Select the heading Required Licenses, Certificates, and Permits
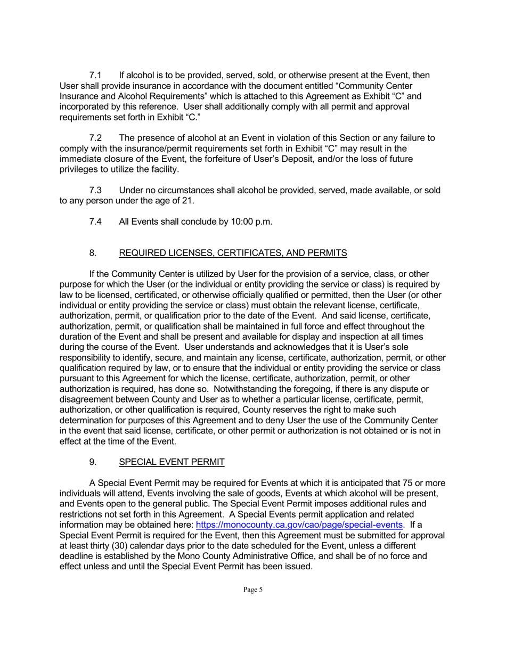tap(233, 252)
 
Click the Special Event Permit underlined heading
tap(172, 462)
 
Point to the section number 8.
tap(93, 252)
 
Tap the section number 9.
tap(93, 462)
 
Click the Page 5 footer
tap(253, 589)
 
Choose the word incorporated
tap(86, 107)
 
